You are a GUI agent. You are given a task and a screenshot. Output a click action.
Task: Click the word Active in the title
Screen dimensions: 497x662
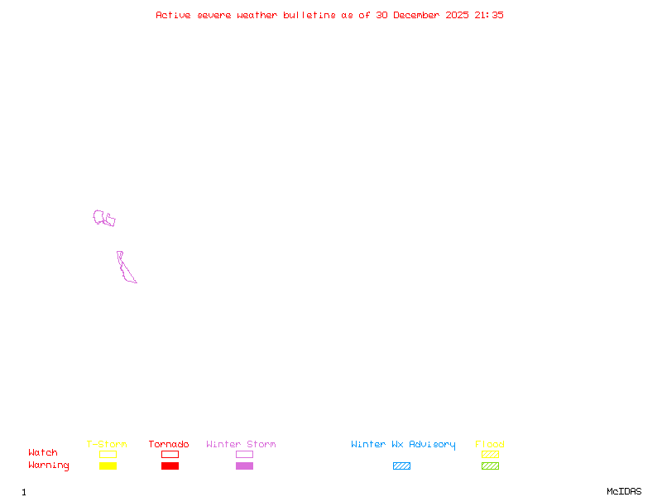[174, 15]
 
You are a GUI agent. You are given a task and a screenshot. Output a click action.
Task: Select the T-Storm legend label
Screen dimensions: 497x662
[107, 445]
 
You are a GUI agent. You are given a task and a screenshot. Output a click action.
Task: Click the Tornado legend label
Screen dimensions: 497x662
[169, 445]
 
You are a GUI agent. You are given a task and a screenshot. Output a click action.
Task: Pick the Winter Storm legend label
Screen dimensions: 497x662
[241, 445]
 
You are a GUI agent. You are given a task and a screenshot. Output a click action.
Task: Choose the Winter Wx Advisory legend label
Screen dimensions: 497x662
[403, 445]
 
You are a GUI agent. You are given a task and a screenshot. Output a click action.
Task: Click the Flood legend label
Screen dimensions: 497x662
[490, 445]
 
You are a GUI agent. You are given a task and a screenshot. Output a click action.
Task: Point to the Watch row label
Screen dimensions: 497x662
[43, 453]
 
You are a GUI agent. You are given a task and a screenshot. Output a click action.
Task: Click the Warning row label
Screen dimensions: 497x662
[49, 466]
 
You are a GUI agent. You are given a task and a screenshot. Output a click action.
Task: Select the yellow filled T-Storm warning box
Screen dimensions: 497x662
[108, 466]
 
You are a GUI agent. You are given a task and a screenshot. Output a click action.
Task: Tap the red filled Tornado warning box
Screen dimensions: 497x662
[170, 466]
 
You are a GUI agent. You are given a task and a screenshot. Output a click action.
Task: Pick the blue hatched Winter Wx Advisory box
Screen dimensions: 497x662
[401, 466]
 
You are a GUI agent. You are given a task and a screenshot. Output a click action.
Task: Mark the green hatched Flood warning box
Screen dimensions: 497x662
[490, 466]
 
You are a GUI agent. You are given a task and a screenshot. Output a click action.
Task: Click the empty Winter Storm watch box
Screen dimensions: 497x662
[244, 454]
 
